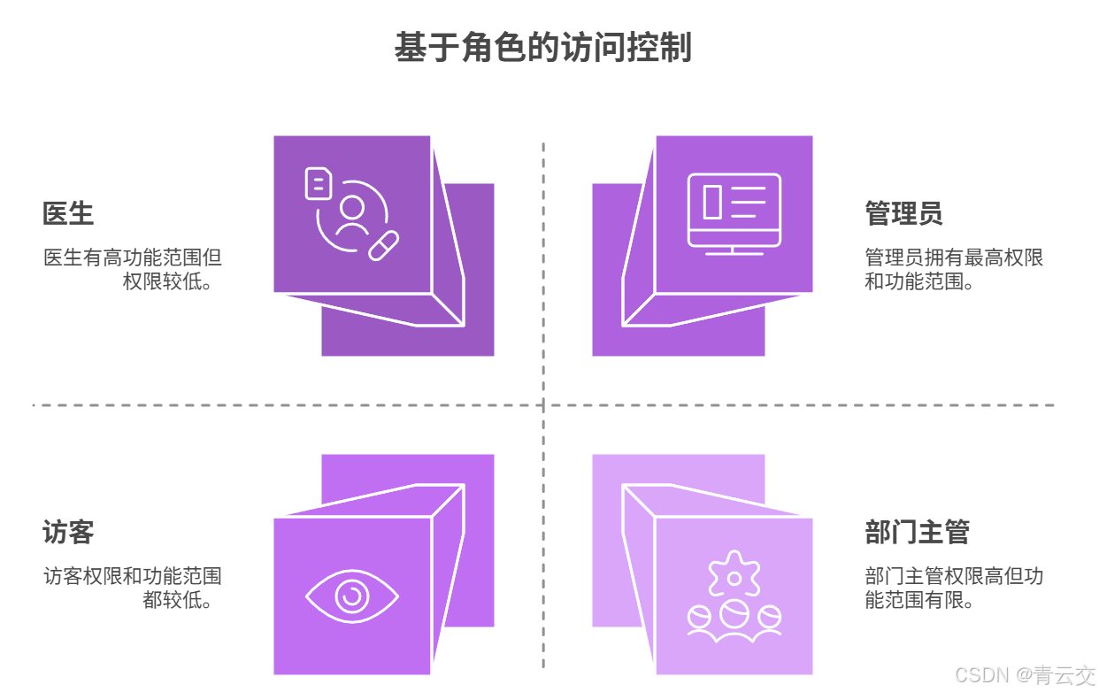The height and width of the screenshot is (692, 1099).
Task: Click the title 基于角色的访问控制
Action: (542, 47)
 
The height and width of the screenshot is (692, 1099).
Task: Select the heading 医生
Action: (68, 214)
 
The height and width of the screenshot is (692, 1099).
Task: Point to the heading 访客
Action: (68, 533)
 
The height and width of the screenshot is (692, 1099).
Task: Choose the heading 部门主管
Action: (918, 533)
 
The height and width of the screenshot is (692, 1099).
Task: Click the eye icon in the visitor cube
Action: (351, 596)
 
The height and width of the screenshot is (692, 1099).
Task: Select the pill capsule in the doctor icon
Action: (383, 245)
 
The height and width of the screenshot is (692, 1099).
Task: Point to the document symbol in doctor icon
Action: (319, 183)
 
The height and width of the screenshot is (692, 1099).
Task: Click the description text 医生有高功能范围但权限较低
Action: (133, 270)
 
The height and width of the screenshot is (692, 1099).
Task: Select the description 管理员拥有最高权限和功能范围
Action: (954, 270)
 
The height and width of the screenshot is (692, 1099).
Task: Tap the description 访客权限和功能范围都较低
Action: (133, 588)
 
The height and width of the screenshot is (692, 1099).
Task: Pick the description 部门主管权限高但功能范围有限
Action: (954, 588)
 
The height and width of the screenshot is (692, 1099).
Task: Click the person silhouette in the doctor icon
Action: (353, 216)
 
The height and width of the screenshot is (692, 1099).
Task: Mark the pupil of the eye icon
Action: (351, 596)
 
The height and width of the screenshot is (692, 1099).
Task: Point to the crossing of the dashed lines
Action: (543, 405)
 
